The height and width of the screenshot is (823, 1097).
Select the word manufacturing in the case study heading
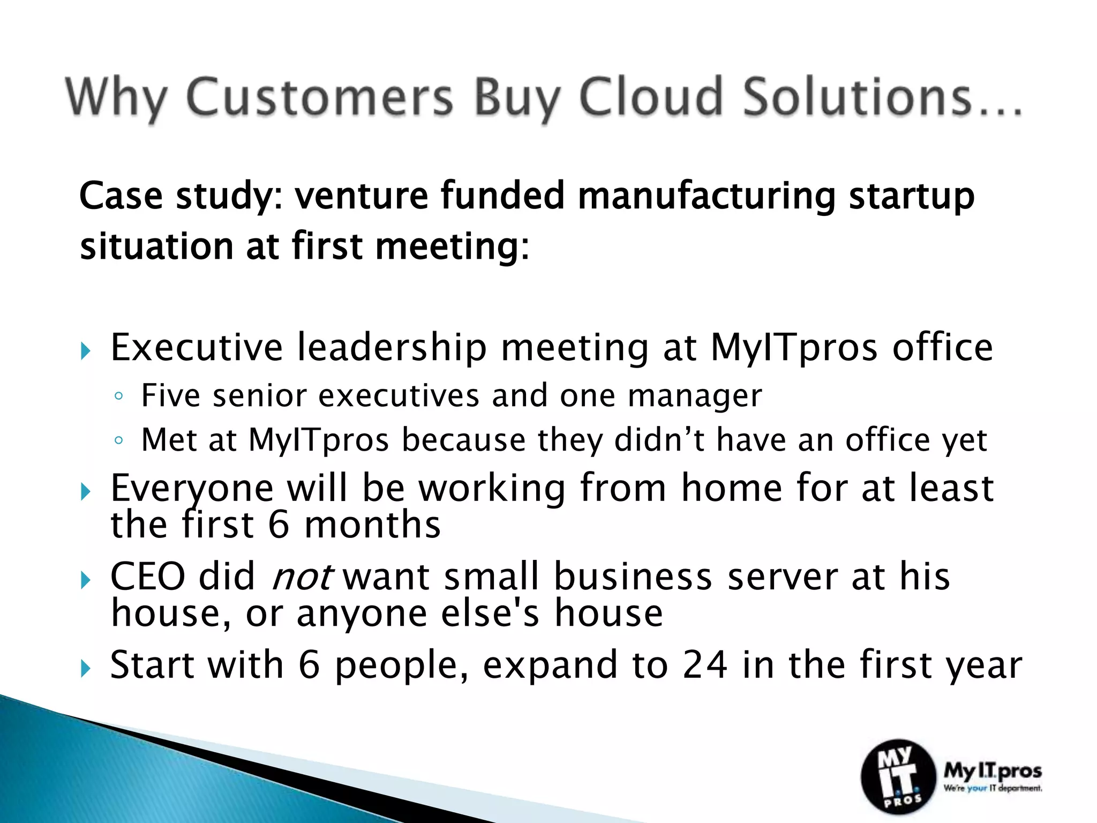706,196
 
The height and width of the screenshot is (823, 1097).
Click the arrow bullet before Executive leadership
86,352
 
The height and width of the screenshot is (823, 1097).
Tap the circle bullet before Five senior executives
119,397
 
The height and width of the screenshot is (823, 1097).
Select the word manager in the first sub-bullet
695,397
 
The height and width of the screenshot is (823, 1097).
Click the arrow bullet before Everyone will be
86,492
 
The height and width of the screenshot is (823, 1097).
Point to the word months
372,525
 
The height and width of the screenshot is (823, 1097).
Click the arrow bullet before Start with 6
86,669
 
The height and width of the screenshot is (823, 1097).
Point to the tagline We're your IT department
993,788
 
